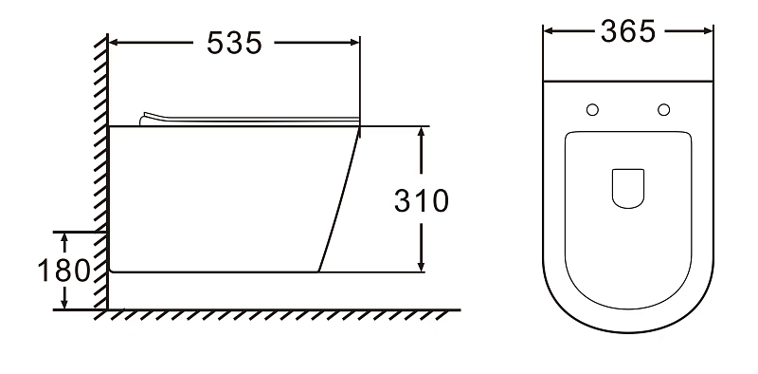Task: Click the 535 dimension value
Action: (x=234, y=43)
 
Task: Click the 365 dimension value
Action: (x=628, y=31)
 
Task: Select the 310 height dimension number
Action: (x=422, y=200)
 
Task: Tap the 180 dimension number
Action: (x=63, y=271)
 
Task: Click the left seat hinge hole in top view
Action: (x=592, y=110)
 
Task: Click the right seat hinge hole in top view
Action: (x=664, y=110)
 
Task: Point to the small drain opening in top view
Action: (x=628, y=189)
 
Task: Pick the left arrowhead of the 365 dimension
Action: (x=549, y=31)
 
